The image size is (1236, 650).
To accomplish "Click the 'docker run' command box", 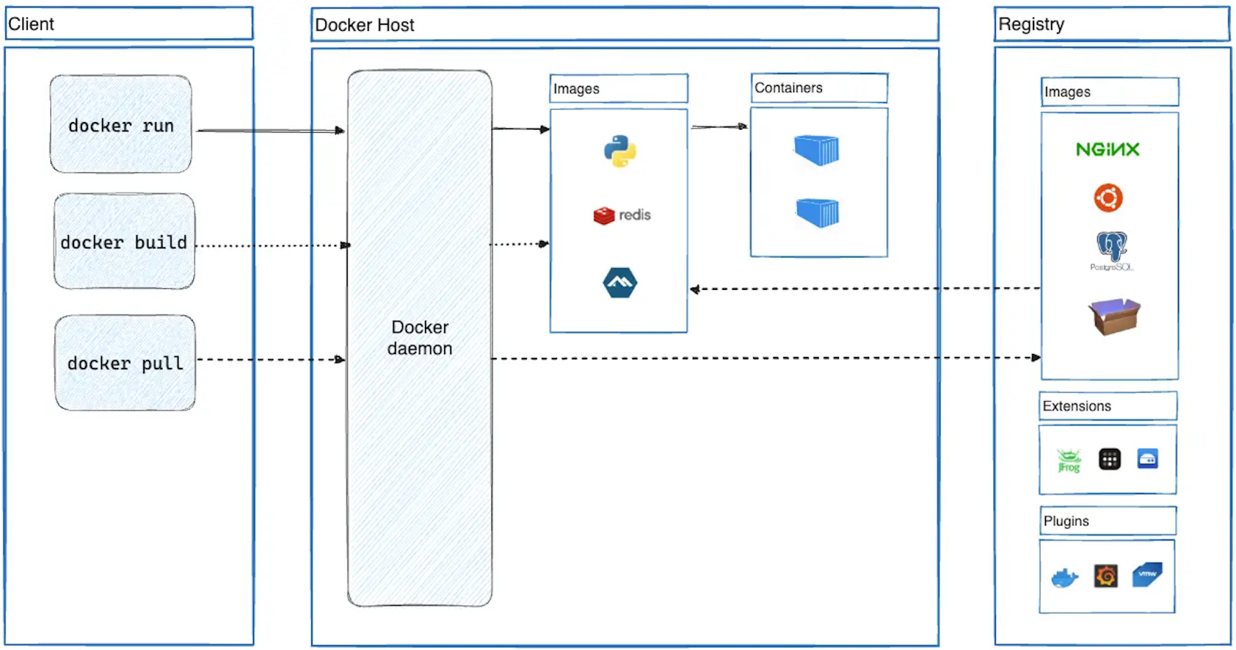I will point(121,124).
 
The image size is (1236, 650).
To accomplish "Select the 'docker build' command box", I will point(124,242).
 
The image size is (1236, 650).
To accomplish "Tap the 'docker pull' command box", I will point(124,362).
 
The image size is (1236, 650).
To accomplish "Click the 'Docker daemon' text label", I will point(419,338).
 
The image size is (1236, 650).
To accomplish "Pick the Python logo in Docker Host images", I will point(620,151).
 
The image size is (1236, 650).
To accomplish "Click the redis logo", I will point(622,215).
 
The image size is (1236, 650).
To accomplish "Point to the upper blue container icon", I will point(817,149).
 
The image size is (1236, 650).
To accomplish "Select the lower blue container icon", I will point(817,212).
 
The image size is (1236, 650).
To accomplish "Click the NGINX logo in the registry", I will point(1108,149).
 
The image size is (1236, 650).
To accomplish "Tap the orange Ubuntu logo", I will point(1108,198).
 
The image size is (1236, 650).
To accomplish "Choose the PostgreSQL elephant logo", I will point(1112,247).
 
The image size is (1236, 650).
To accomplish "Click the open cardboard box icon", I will point(1114,316).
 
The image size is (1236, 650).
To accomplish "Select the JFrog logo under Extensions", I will point(1069,460).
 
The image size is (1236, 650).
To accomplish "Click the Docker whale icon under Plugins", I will point(1065,577).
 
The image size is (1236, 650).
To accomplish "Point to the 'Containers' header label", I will point(788,88).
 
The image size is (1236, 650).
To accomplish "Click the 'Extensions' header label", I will point(1076,407).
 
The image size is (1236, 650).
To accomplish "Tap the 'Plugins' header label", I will point(1066,521).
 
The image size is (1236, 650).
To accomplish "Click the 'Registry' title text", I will point(1031,24).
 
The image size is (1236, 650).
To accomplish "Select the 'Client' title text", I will point(31,24).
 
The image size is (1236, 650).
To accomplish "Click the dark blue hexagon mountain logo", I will point(620,283).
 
